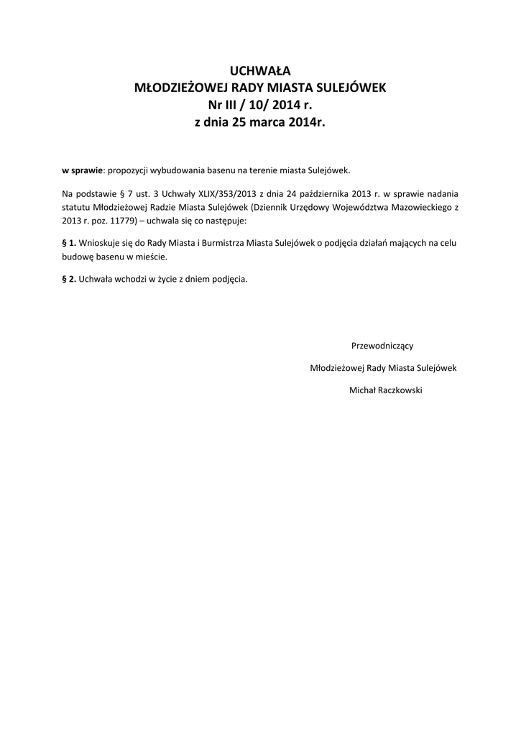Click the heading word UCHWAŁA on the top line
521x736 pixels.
coord(260,70)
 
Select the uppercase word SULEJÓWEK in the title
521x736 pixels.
coord(350,88)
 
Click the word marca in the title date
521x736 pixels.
coord(269,123)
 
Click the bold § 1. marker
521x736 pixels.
coord(70,243)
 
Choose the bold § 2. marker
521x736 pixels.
coord(70,280)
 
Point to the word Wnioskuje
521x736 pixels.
coord(98,243)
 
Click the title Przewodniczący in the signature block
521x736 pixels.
coord(382,346)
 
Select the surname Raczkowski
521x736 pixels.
coord(397,390)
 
